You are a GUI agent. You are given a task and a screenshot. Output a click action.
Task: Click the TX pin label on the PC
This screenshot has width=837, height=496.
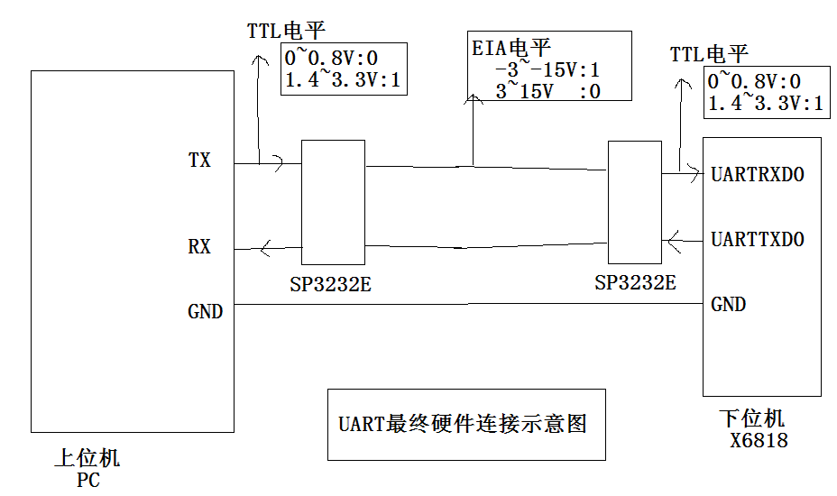point(199,161)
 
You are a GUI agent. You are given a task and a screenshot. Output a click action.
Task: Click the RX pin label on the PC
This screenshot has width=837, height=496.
point(199,246)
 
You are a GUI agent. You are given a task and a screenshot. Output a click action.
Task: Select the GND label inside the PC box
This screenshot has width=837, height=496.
point(205,312)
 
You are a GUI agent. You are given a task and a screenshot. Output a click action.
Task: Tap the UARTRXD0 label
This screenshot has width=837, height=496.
point(757,174)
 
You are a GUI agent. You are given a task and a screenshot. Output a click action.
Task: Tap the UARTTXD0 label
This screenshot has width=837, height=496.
point(757,240)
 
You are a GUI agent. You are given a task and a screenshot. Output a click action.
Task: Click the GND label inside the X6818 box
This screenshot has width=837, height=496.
point(728,304)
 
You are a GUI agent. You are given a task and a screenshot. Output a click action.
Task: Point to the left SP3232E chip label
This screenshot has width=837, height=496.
point(330,285)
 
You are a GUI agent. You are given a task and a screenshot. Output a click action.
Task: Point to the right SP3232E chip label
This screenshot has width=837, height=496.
point(635,282)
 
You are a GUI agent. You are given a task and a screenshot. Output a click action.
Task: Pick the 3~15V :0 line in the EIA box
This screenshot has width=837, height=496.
point(547,90)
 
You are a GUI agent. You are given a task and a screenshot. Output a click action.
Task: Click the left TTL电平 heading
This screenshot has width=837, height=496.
point(286,30)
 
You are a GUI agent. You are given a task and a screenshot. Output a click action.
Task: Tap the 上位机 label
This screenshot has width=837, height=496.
point(87,458)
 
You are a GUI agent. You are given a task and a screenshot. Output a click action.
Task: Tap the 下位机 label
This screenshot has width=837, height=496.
point(752,418)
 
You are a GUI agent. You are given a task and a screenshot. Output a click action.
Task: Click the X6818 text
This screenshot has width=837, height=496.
point(759,441)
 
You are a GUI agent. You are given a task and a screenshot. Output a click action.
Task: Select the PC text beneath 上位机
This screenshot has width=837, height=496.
point(88,480)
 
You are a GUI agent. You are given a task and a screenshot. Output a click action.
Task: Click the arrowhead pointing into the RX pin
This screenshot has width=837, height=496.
point(265,248)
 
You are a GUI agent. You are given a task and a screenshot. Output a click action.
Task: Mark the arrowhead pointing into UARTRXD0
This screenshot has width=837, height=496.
point(694,170)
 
